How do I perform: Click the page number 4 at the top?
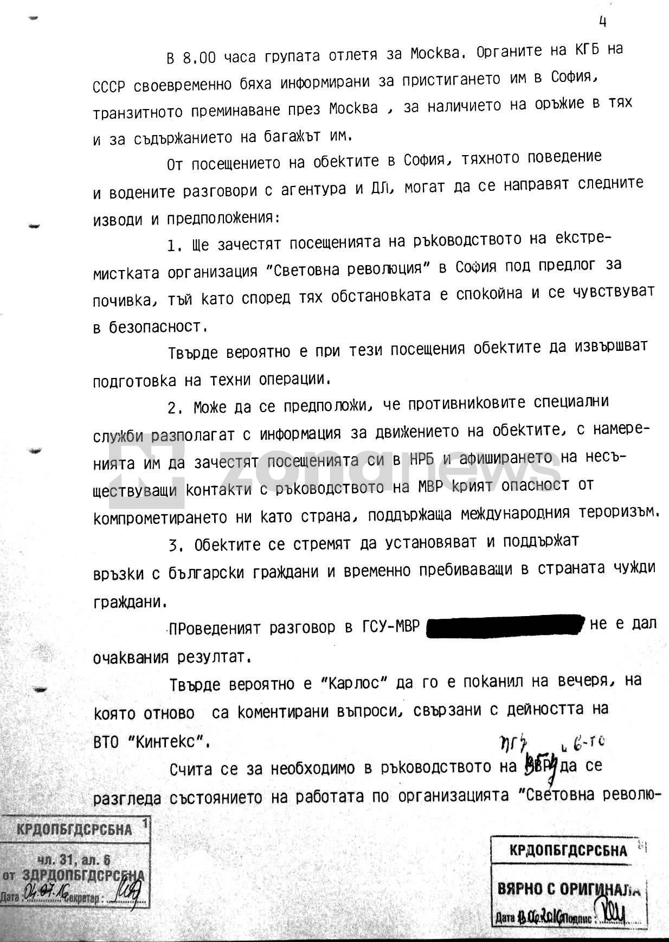click(602, 22)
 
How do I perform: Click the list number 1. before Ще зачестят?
click(175, 246)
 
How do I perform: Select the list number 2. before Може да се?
click(175, 408)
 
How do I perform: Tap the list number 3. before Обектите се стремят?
click(175, 545)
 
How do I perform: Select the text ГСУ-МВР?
click(390, 627)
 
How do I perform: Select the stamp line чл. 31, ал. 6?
click(74, 860)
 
